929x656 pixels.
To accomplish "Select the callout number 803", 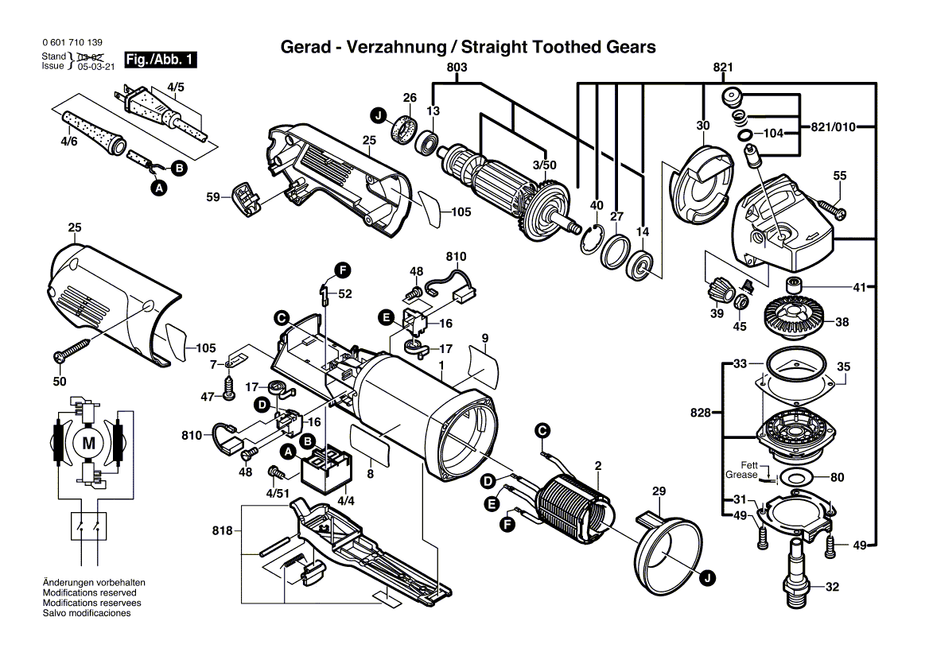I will [x=457, y=68].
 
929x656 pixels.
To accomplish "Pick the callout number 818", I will [x=225, y=530].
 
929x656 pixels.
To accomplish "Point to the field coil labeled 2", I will [x=571, y=505].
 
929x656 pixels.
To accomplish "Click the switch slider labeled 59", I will [x=244, y=199].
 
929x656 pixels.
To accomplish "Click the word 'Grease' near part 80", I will [x=740, y=475].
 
